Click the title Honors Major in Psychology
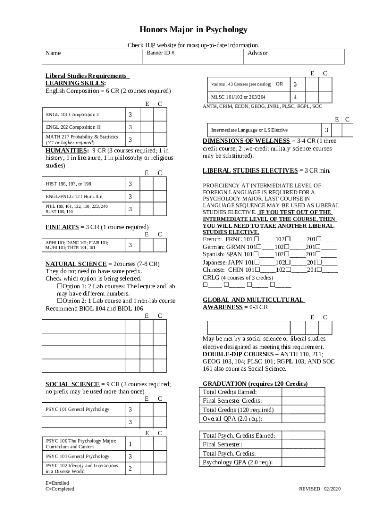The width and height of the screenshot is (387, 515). (x=193, y=30)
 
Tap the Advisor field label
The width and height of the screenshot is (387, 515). (x=257, y=53)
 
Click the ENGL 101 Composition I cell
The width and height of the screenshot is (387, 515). (x=83, y=115)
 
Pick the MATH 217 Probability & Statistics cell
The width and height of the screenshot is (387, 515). (x=83, y=139)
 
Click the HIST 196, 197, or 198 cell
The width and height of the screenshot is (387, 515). (x=83, y=184)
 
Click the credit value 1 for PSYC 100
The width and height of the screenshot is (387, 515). (x=130, y=444)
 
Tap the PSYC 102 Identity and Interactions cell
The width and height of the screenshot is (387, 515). (x=83, y=469)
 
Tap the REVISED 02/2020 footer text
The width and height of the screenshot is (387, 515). (x=320, y=489)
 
